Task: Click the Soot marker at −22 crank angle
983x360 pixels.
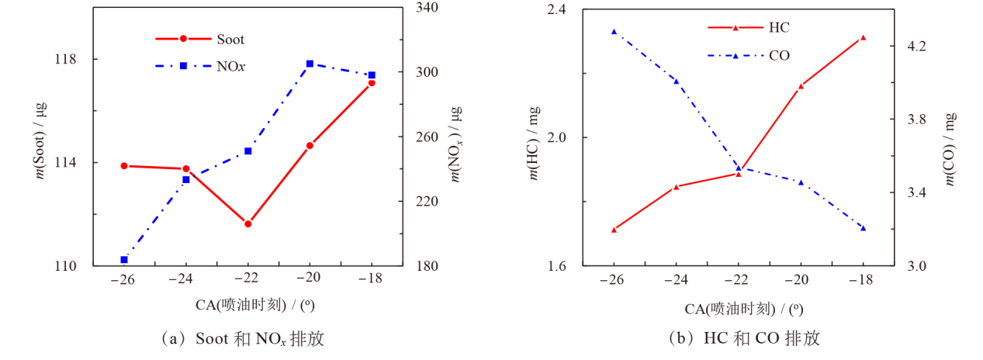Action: pyautogui.click(x=248, y=224)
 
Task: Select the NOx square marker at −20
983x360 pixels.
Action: pyautogui.click(x=310, y=64)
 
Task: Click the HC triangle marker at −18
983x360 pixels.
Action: pyautogui.click(x=863, y=37)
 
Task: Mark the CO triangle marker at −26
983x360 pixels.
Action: pyautogui.click(x=614, y=32)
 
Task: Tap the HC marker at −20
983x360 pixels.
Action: pyautogui.click(x=801, y=86)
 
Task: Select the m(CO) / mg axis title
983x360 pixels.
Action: pyautogui.click(x=950, y=149)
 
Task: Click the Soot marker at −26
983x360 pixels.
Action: pyautogui.click(x=124, y=166)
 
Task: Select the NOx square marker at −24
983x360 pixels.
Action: pyautogui.click(x=186, y=180)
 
